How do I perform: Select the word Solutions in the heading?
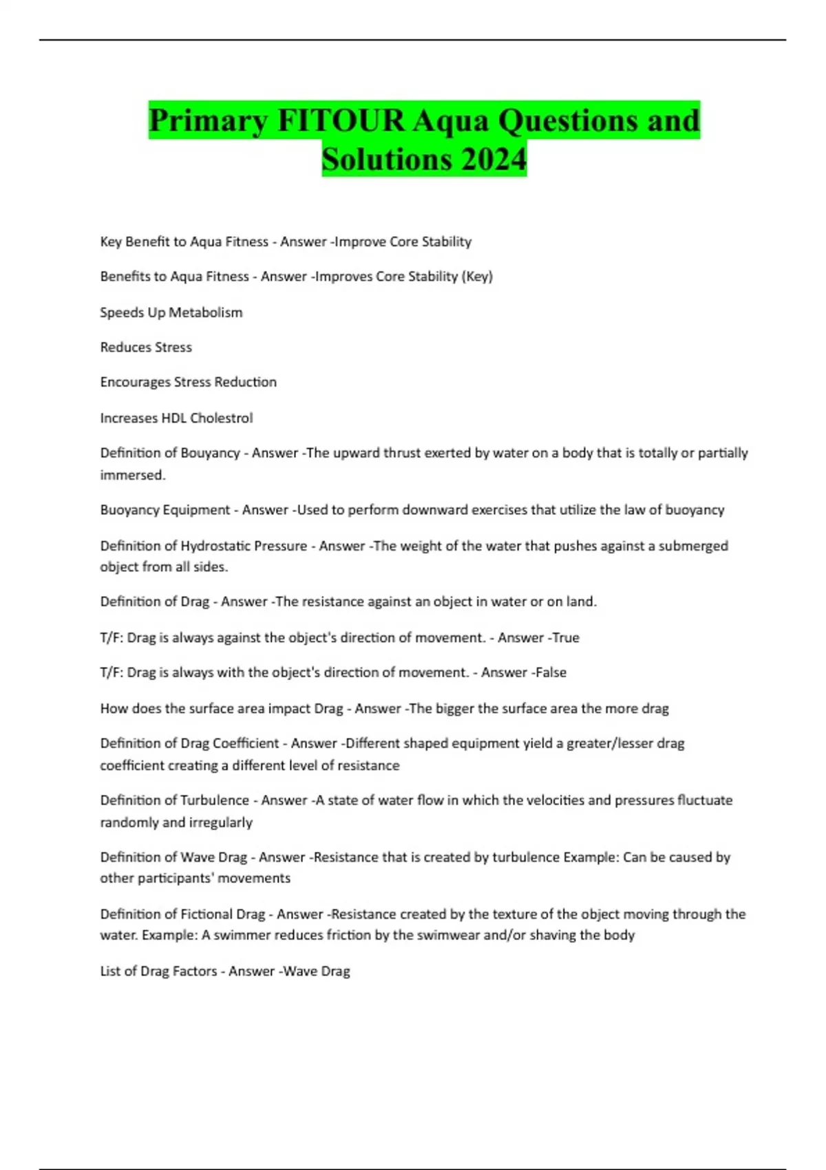386,159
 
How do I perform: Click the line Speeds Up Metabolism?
171,312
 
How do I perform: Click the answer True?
566,638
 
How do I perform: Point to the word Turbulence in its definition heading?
215,800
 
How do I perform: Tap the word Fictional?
206,914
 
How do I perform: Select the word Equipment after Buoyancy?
193,510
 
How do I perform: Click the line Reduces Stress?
146,348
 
